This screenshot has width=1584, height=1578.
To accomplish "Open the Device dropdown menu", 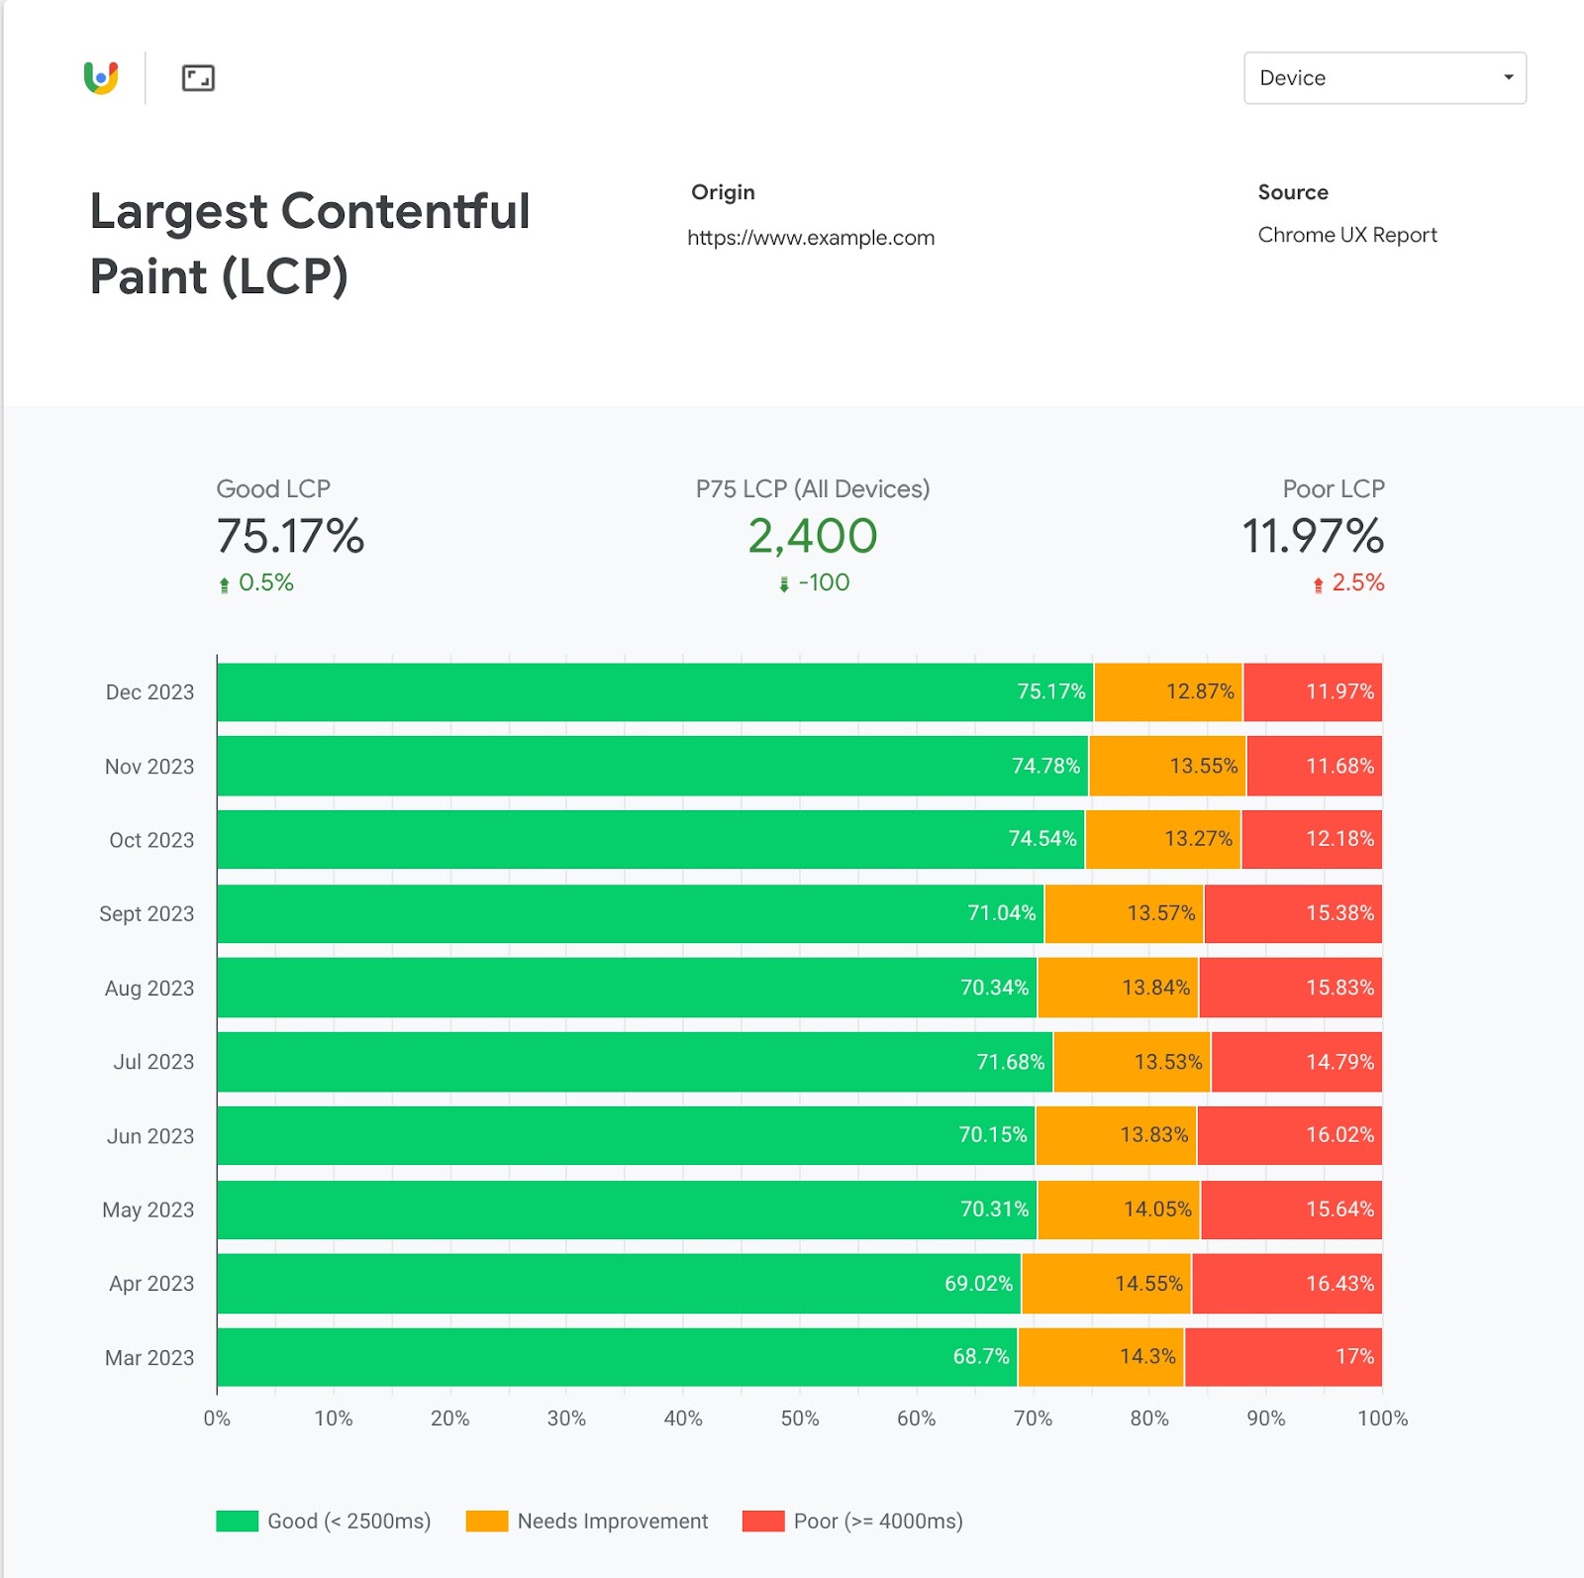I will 1384,78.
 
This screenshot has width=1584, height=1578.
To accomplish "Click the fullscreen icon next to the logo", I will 198,78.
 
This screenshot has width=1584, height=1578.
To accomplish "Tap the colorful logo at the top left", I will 101,77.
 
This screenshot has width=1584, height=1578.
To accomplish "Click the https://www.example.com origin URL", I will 811,238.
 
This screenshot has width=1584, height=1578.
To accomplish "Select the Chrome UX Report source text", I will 1346,235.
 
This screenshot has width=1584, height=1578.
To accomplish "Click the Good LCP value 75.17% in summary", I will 290,536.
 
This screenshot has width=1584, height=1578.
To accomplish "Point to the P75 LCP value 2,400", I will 812,536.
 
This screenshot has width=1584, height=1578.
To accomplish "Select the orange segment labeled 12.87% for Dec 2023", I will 1168,691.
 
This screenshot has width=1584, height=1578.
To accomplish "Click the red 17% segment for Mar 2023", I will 1282,1356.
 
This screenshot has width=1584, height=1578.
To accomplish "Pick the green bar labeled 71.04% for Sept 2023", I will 630,913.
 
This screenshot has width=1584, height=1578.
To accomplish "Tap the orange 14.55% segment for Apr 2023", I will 1106,1283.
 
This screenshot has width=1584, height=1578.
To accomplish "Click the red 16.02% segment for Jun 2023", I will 1289,1135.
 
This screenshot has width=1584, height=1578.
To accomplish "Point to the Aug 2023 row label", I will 149,988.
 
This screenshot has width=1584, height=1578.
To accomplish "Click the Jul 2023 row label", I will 153,1062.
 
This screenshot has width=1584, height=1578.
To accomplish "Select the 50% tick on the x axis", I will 800,1419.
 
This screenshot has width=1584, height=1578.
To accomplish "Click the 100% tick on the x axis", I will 1382,1419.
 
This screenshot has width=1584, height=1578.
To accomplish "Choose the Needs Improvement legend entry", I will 587,1521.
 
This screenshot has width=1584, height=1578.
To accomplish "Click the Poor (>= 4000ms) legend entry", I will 852,1521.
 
